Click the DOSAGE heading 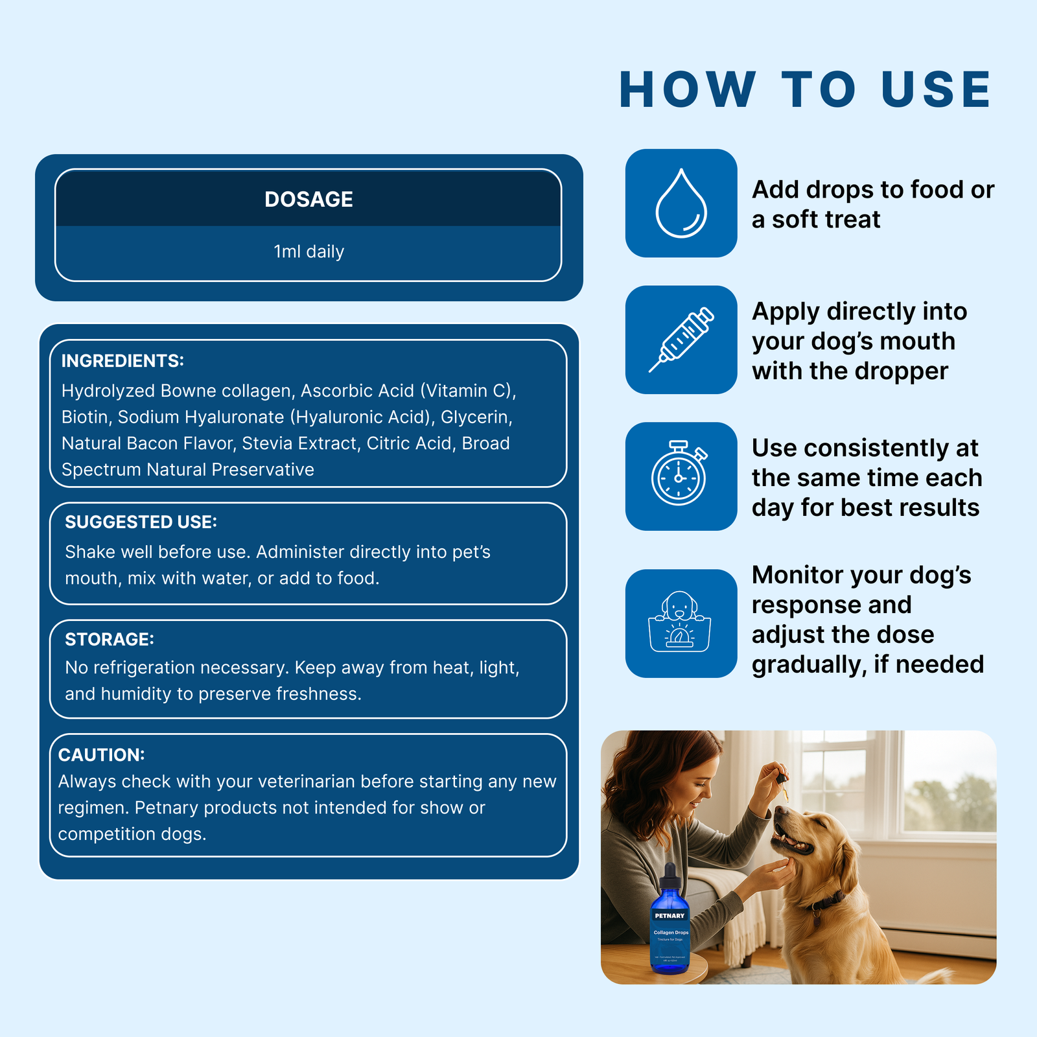[x=309, y=199]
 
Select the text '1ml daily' [x=309, y=251]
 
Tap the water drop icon [x=681, y=204]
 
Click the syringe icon [x=681, y=340]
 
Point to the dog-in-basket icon [x=679, y=622]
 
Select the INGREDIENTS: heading [x=122, y=361]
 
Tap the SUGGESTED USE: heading [x=141, y=522]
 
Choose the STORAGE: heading [x=110, y=639]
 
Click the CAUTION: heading [x=101, y=755]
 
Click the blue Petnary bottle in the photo [x=670, y=927]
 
